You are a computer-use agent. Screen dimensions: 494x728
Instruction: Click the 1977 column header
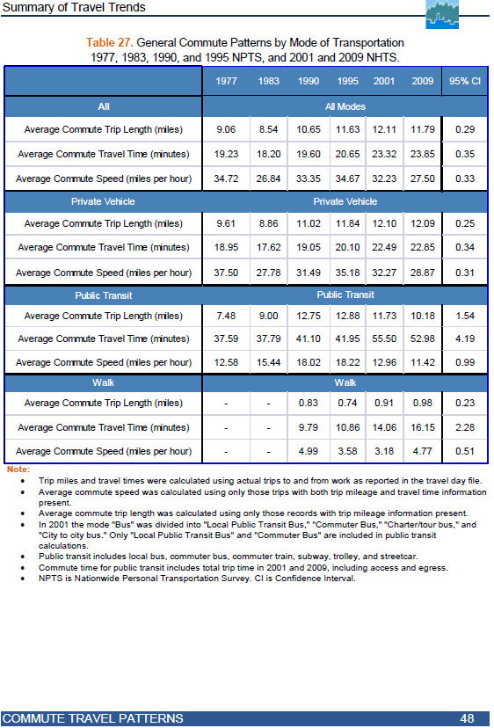tap(226, 81)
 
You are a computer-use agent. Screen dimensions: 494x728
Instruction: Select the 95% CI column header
tap(465, 81)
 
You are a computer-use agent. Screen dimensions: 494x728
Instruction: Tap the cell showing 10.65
tap(309, 129)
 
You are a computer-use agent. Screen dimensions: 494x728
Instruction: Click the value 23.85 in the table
tap(423, 154)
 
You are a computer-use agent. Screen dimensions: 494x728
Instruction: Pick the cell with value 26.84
tap(268, 178)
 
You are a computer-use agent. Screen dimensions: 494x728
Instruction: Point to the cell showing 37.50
tap(226, 273)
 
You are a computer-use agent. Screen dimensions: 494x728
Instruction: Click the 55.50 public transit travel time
tap(384, 339)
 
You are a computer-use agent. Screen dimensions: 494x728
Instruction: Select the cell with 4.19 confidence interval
tap(465, 339)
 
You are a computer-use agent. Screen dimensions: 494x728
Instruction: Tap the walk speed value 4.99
tap(309, 451)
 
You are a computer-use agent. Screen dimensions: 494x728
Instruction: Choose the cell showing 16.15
tap(423, 427)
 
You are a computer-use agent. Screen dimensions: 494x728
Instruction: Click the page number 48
tap(467, 718)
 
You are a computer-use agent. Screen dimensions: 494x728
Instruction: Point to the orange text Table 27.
tap(110, 43)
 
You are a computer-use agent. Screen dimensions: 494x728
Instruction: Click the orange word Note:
tap(18, 470)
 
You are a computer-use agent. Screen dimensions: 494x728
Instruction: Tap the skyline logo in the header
tap(442, 14)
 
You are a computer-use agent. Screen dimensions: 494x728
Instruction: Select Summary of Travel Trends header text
tap(74, 7)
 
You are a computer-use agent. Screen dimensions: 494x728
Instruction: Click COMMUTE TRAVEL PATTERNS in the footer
tap(93, 718)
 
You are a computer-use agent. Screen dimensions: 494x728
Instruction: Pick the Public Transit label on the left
tap(104, 295)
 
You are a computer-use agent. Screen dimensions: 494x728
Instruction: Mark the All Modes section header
tap(345, 106)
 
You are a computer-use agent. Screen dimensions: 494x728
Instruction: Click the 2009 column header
tap(423, 81)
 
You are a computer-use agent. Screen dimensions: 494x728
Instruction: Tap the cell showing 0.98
tap(423, 403)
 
